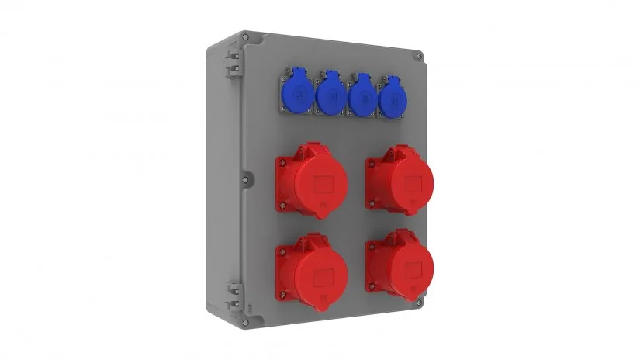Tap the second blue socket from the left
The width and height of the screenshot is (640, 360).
pos(330,96)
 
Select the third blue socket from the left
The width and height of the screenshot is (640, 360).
pos(360,98)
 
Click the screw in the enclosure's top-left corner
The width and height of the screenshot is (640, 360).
pos(245,36)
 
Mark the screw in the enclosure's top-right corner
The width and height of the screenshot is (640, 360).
pos(419,57)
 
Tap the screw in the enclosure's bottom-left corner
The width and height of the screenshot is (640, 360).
pos(246,321)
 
